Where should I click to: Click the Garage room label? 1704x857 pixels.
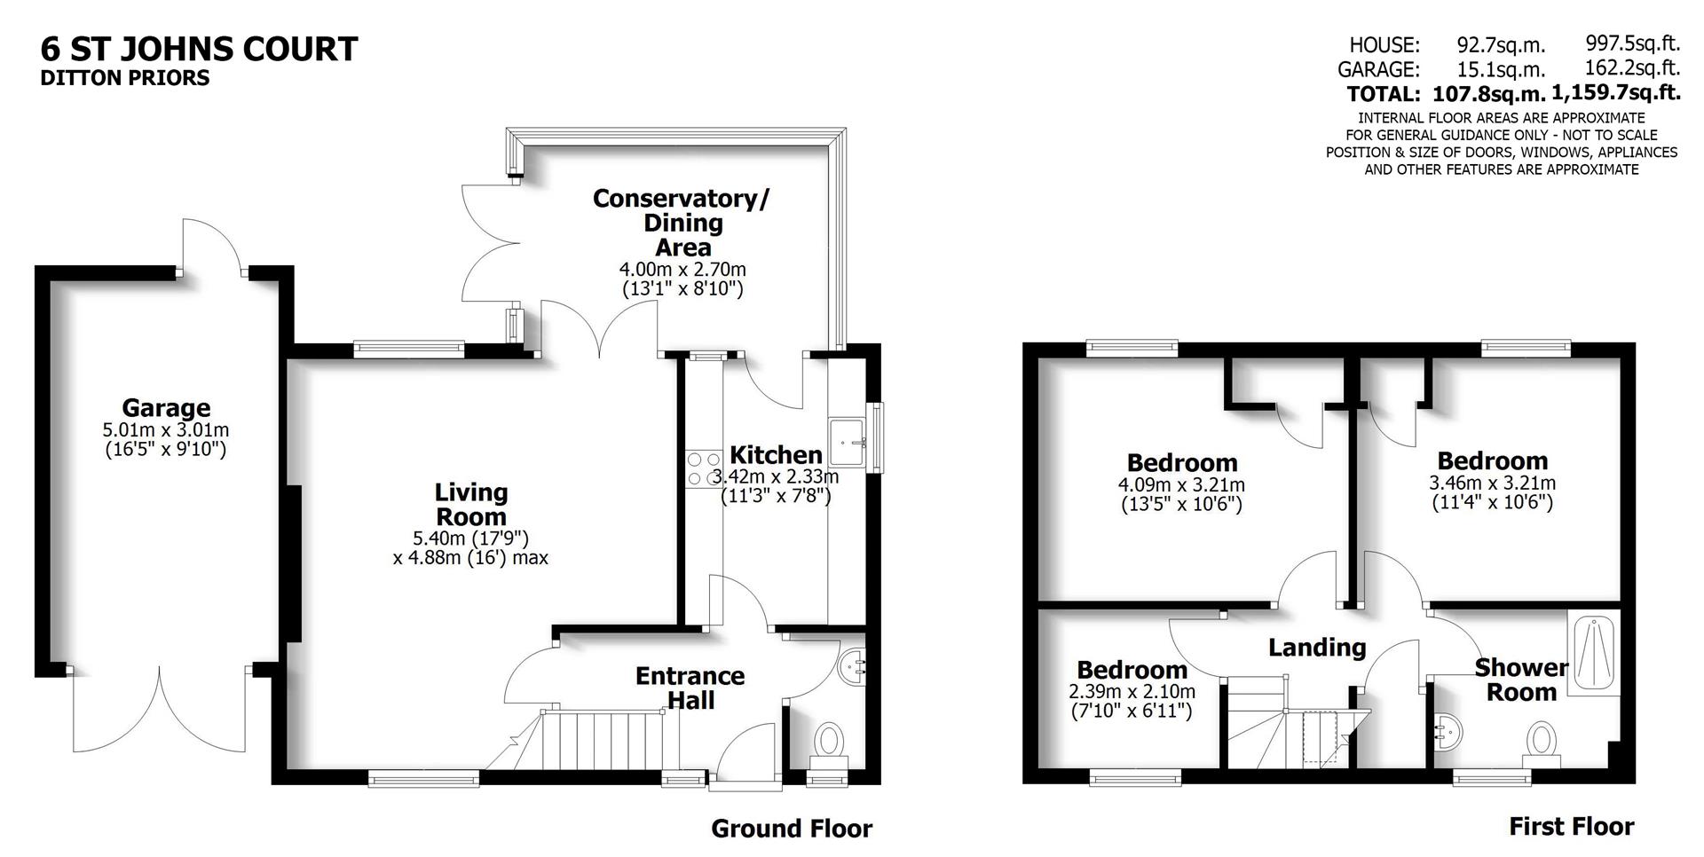(166, 408)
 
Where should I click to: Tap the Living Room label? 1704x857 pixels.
(470, 504)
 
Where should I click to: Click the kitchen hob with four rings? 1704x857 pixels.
(704, 469)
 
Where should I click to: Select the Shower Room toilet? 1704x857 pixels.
(1542, 740)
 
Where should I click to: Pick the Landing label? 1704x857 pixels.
(1316, 648)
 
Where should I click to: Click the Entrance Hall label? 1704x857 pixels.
(690, 688)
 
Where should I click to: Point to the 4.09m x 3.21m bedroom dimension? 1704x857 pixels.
(1181, 485)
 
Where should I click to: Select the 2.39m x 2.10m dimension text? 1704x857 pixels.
(1132, 692)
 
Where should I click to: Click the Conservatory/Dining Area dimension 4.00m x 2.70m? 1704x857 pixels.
(682, 269)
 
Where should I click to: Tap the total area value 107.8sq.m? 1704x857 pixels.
(1488, 93)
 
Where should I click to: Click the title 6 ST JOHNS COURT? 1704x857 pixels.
(200, 49)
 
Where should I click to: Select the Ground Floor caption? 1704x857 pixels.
(792, 829)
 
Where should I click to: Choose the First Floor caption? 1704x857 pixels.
(1571, 827)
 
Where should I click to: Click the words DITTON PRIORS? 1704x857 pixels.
(125, 78)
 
